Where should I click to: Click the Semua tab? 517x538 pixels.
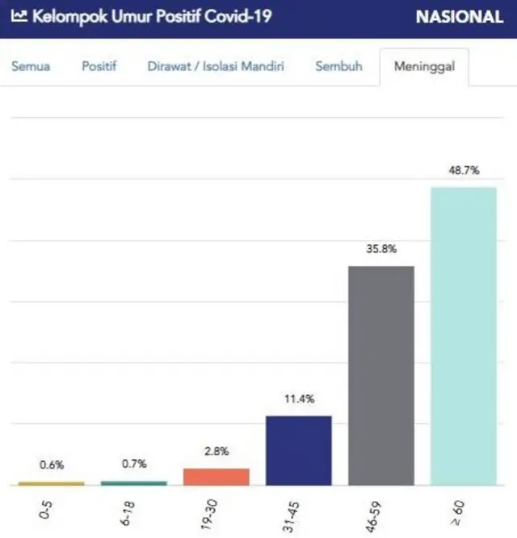click(31, 66)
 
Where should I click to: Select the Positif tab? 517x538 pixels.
click(99, 66)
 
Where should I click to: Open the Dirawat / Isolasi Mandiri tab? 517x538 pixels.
click(216, 66)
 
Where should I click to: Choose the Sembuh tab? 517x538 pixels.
click(338, 66)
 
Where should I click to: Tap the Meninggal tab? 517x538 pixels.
click(424, 66)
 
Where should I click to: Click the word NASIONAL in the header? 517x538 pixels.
click(459, 17)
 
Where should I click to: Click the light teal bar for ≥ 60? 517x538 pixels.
click(463, 336)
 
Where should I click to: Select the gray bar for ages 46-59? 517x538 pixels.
click(380, 376)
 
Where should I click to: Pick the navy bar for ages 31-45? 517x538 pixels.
click(298, 450)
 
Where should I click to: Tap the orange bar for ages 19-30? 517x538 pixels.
click(216, 477)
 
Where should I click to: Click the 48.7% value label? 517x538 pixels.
click(463, 170)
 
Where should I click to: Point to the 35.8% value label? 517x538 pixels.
click(380, 249)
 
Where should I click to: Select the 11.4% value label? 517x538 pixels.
click(298, 399)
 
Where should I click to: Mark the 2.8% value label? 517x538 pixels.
click(216, 452)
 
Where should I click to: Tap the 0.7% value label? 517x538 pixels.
click(133, 464)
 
